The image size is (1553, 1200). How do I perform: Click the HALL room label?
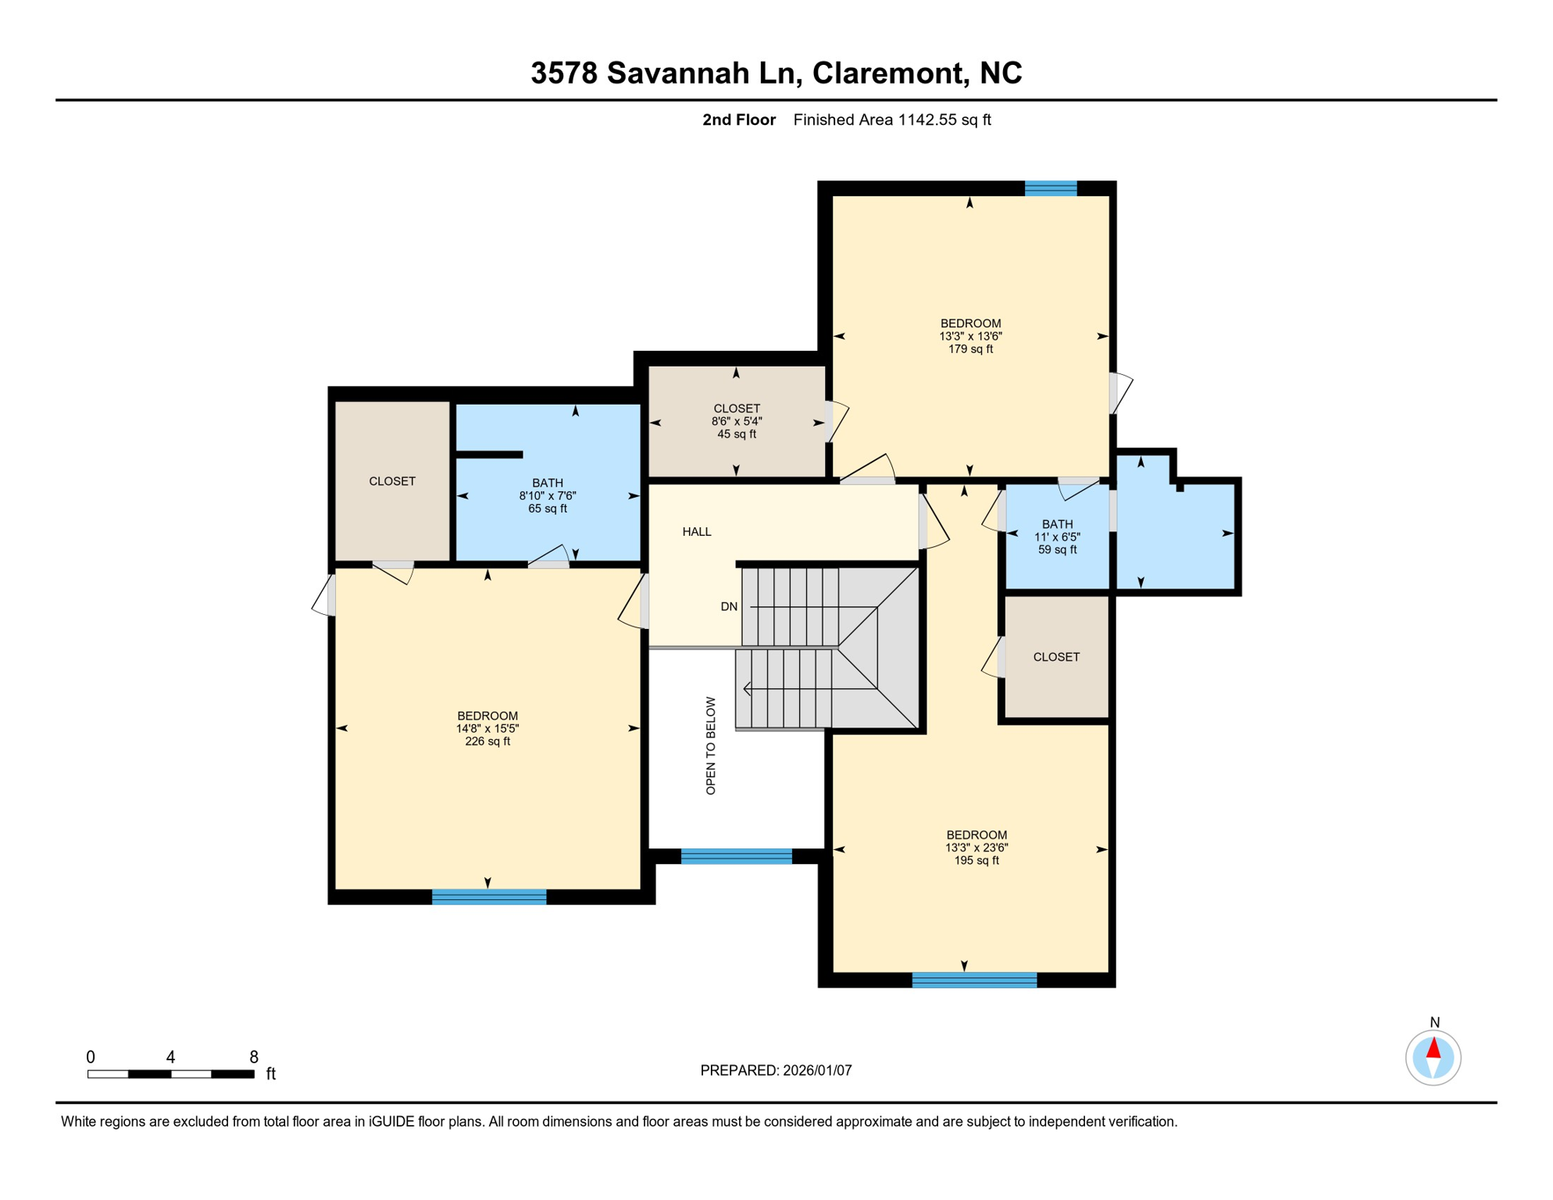click(x=696, y=532)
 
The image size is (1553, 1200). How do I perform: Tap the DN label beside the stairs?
click(x=728, y=607)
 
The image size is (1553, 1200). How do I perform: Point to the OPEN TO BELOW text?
click(x=710, y=746)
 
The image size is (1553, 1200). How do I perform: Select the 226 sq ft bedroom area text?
click(x=487, y=741)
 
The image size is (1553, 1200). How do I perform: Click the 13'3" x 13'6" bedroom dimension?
click(x=970, y=337)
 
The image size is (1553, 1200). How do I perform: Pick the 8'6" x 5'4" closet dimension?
click(x=736, y=421)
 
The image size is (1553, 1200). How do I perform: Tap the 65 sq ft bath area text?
click(x=547, y=509)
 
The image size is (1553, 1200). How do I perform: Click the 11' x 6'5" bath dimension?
click(x=1057, y=537)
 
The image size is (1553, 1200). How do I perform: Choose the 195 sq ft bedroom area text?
click(x=976, y=861)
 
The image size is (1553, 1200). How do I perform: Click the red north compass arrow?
click(x=1433, y=1048)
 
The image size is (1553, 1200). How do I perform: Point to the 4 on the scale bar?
click(x=170, y=1058)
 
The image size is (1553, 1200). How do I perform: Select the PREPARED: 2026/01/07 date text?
click(x=776, y=1071)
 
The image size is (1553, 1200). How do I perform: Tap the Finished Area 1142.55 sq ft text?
click(x=891, y=120)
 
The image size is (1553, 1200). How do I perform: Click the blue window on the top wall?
click(x=1050, y=188)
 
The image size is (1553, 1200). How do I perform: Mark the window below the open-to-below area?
click(x=736, y=857)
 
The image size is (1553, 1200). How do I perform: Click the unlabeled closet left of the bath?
click(x=391, y=481)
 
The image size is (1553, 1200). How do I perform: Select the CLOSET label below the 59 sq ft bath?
click(x=1056, y=657)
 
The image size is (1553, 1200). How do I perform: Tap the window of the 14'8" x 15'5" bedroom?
click(x=489, y=897)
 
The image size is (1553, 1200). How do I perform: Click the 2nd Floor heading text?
click(x=738, y=120)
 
